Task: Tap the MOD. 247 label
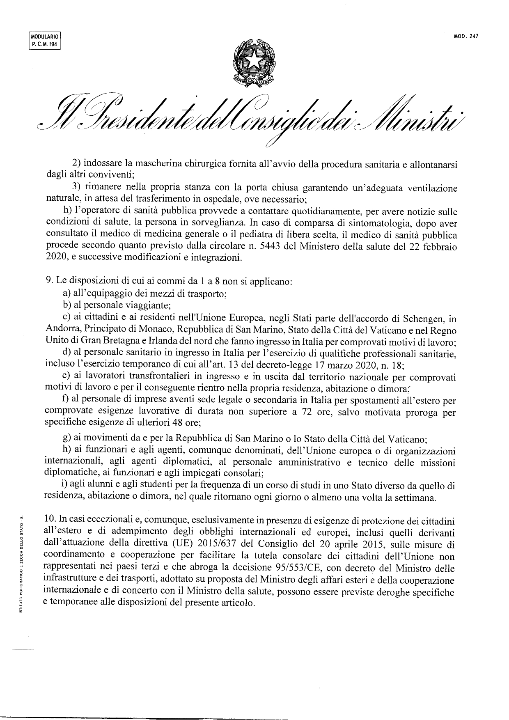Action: pos(466,36)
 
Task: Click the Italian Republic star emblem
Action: pos(254,62)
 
